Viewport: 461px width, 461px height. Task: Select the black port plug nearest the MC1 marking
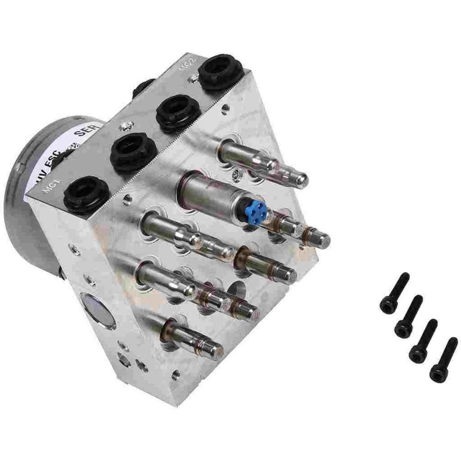pos(86,194)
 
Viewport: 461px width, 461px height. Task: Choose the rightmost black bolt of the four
pos(443,360)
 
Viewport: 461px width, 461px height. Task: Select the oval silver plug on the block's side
pos(98,311)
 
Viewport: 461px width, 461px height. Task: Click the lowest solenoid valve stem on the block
pos(194,338)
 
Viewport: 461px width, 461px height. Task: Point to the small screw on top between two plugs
pos(126,126)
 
